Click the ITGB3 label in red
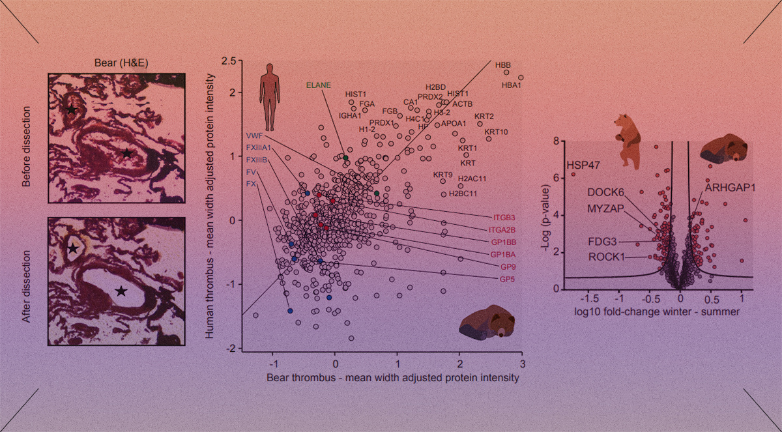click(x=504, y=217)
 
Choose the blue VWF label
click(x=254, y=136)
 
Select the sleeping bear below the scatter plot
click(x=487, y=323)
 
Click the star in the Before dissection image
click(x=126, y=152)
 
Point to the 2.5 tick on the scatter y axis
click(x=228, y=61)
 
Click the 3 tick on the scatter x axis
click(x=522, y=364)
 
